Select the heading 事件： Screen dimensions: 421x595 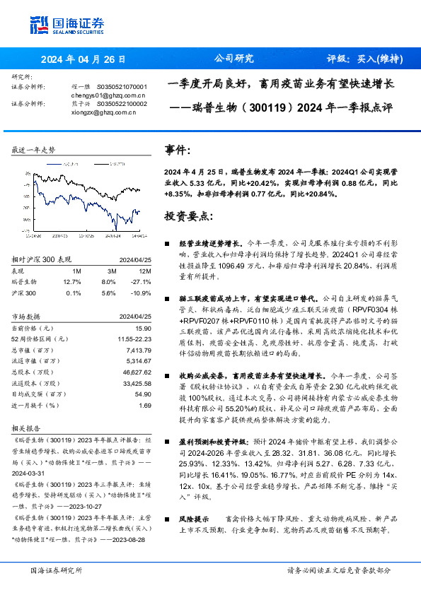[178, 151]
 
